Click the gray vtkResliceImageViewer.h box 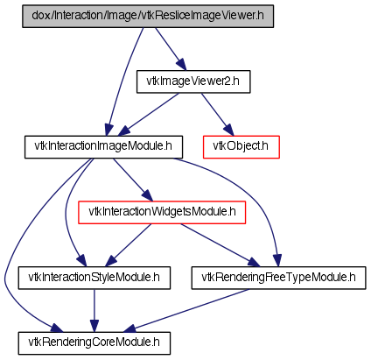tap(148, 16)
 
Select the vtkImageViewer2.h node tap(193, 81)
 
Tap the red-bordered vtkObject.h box tap(241, 147)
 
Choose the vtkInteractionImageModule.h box tap(103, 147)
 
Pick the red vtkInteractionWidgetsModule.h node tap(162, 213)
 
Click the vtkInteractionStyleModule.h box tap(94, 278)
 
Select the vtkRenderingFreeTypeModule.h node tap(278, 278)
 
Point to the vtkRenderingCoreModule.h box tap(94, 343)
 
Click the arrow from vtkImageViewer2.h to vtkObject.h tap(217, 114)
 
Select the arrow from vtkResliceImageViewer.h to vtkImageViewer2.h tap(171, 49)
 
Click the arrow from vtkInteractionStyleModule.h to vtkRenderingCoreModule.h tap(94, 311)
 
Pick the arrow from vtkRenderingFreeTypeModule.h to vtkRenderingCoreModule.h tap(185, 311)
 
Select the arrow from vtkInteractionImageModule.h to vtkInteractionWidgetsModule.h tap(133, 180)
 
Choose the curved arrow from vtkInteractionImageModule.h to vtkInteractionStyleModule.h tap(66, 213)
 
